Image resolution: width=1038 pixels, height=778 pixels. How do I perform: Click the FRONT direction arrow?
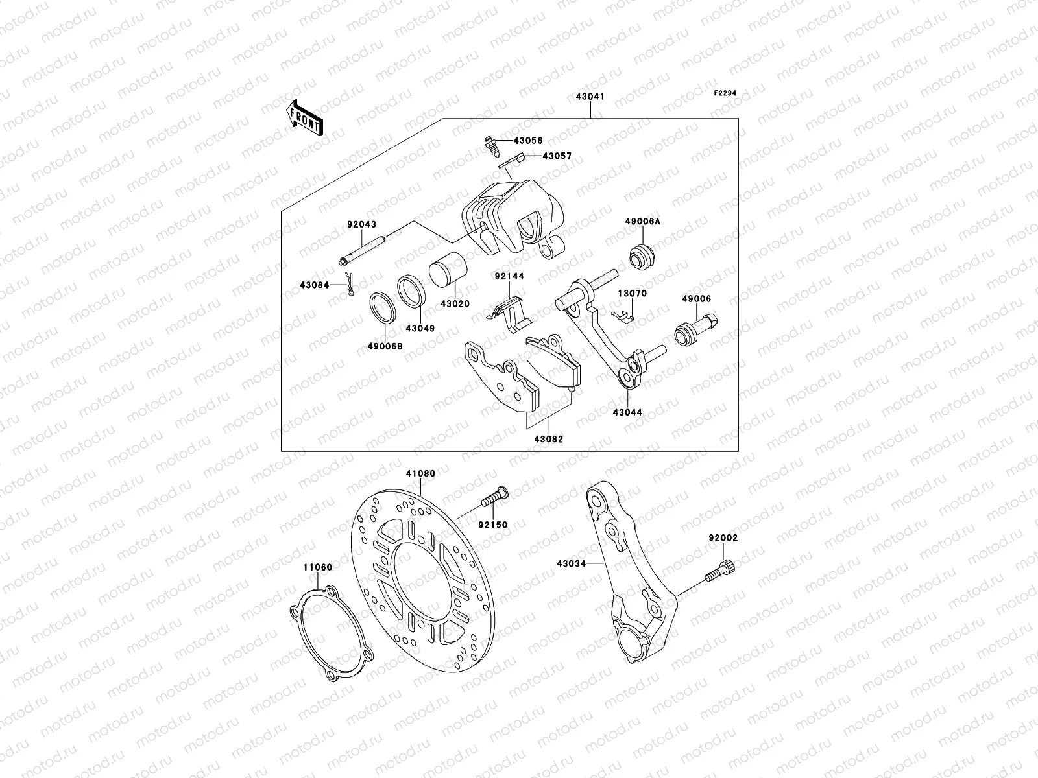point(306,117)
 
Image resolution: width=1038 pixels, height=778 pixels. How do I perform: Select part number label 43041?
point(590,97)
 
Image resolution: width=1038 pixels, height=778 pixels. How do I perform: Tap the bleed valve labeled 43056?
point(491,149)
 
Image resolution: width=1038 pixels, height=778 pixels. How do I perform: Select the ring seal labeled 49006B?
point(383,316)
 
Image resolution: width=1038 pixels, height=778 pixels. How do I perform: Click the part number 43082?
point(549,439)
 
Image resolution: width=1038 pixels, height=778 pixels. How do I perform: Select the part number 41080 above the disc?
point(420,474)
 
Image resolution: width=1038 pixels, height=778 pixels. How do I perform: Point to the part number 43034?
point(571,563)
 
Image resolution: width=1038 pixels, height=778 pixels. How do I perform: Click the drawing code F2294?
point(726,93)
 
